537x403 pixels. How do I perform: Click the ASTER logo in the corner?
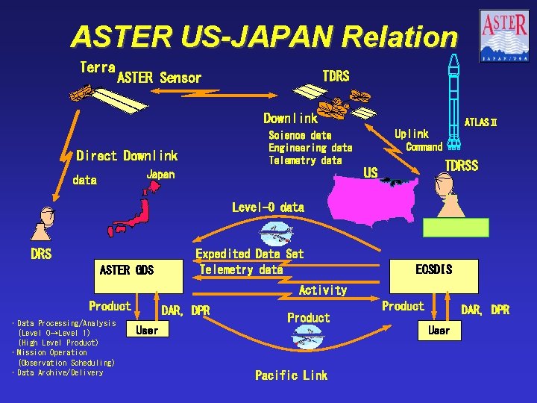point(504,34)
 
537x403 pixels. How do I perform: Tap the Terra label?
point(97,67)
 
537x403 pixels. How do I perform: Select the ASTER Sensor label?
point(159,78)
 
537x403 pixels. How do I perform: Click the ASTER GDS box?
point(127,269)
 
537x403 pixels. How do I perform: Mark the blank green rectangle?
point(456,228)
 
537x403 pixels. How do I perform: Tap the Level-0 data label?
point(268,207)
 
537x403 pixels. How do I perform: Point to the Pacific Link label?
point(291,375)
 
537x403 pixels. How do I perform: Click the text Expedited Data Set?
point(250,254)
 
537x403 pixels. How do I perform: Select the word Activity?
point(322,290)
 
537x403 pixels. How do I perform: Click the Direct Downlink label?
point(127,156)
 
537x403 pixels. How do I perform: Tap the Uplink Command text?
point(418,140)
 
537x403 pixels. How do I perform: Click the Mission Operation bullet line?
point(49,352)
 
